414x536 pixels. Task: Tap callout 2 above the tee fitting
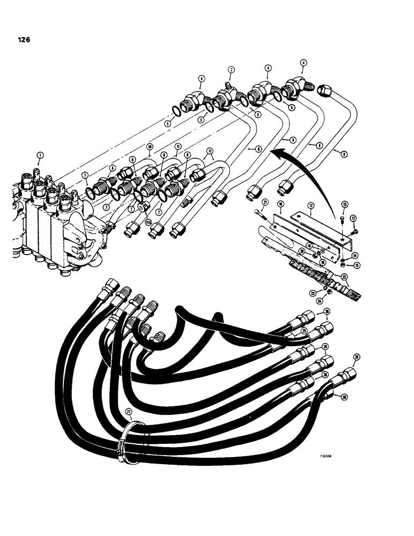(x=231, y=70)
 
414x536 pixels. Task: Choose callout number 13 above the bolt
(x=344, y=204)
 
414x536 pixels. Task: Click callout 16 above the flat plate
(x=279, y=205)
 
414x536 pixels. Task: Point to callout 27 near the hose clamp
(x=128, y=411)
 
